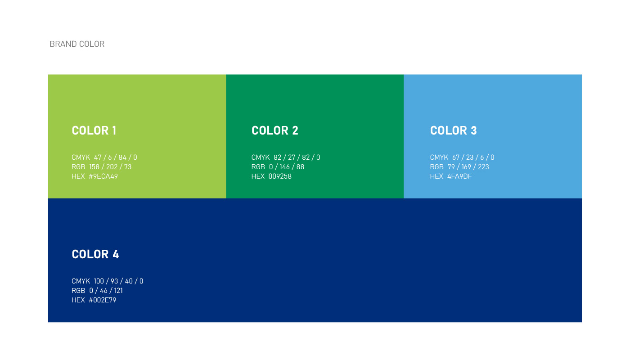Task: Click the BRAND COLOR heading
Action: [77, 44]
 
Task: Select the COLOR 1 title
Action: [94, 130]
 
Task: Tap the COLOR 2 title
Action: [275, 130]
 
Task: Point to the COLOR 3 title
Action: [454, 130]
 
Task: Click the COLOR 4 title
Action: [95, 254]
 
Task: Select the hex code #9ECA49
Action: [103, 176]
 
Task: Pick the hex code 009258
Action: [280, 176]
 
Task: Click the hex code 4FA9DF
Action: [459, 176]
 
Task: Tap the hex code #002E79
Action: [103, 300]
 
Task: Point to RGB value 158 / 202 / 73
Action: [110, 167]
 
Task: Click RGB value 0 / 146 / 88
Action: [287, 167]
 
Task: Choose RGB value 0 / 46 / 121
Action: [106, 291]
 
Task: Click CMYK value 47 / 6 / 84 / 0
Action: [116, 157]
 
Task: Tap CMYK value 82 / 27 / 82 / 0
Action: [297, 157]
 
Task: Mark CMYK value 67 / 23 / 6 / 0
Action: [473, 157]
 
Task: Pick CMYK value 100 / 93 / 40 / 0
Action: [118, 281]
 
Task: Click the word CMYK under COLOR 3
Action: [439, 157]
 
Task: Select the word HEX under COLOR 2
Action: [258, 176]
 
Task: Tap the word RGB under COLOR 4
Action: [78, 291]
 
